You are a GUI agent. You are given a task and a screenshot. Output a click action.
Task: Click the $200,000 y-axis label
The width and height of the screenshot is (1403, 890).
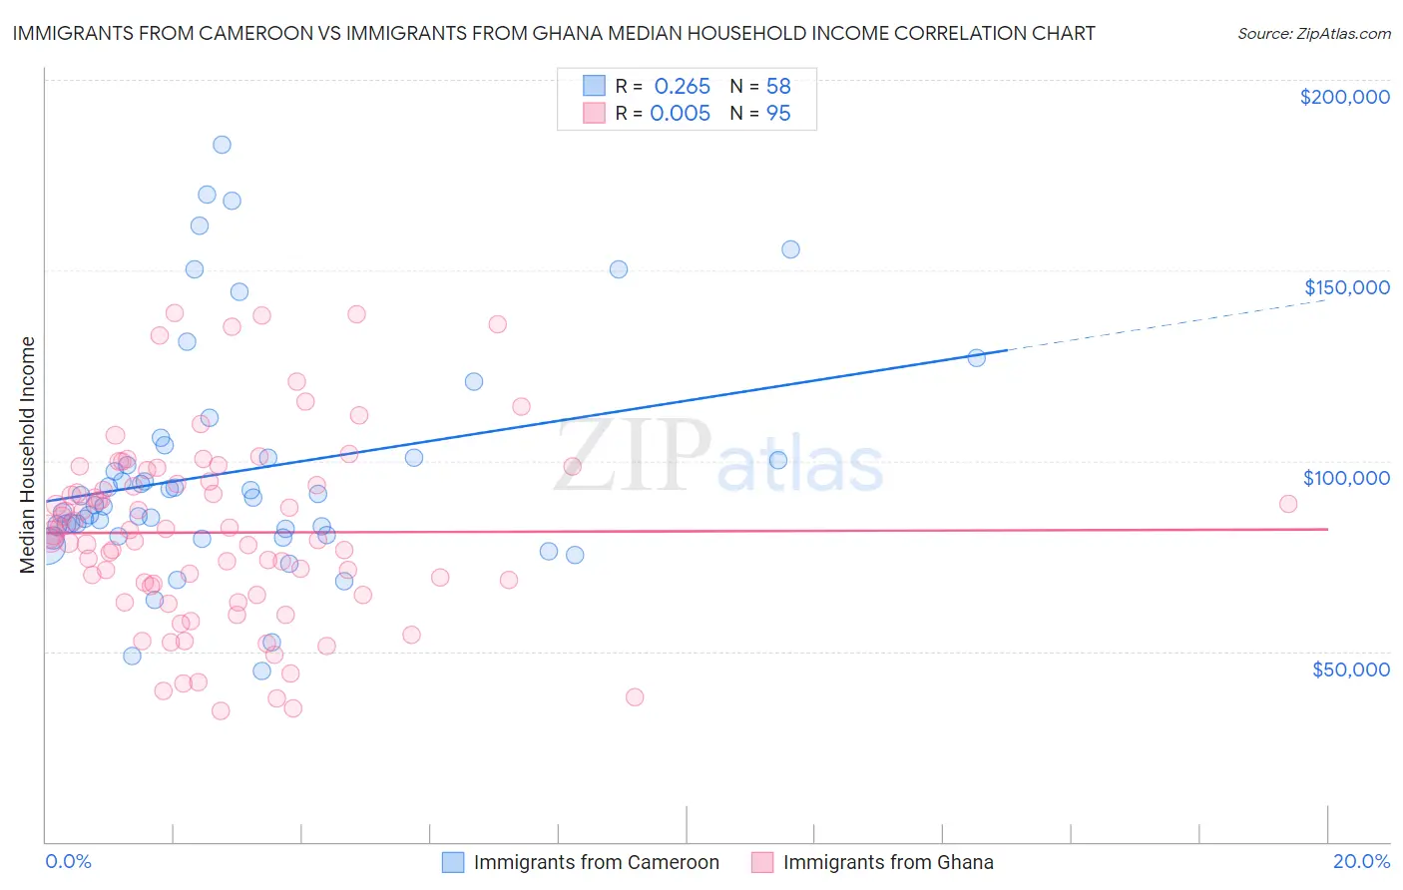pyautogui.click(x=1344, y=97)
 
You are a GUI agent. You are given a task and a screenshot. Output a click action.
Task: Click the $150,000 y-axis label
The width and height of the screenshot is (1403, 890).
pyautogui.click(x=1346, y=287)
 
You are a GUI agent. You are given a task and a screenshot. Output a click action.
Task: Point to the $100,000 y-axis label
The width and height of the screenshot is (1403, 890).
pyautogui.click(x=1346, y=478)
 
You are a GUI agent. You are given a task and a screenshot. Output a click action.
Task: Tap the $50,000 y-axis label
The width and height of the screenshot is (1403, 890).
pyautogui.click(x=1350, y=668)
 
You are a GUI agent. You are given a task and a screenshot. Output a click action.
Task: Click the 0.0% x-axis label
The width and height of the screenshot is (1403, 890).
pyautogui.click(x=68, y=861)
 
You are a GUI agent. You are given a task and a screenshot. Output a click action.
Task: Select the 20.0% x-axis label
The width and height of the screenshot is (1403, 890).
pyautogui.click(x=1361, y=861)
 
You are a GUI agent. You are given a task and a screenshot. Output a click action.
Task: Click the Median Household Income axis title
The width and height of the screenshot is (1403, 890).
pyautogui.click(x=27, y=455)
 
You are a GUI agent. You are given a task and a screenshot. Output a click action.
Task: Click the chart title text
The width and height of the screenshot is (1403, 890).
pyautogui.click(x=554, y=33)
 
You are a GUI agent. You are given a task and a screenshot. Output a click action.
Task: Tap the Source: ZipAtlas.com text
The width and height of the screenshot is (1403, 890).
pyautogui.click(x=1313, y=34)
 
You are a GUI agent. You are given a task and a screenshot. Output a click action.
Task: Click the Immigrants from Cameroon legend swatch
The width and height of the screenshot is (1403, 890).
pyautogui.click(x=453, y=862)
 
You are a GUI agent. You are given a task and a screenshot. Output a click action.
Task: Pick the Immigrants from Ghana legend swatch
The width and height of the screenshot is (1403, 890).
pyautogui.click(x=762, y=862)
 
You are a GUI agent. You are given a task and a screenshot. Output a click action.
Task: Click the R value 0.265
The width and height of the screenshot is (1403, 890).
pyautogui.click(x=682, y=87)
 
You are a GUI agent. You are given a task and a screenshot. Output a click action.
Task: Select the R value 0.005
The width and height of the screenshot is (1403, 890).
pyautogui.click(x=680, y=114)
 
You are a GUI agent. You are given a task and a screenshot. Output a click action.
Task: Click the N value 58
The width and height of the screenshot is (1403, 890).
pyautogui.click(x=778, y=87)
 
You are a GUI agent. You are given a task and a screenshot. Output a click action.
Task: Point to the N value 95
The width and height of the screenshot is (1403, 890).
pyautogui.click(x=778, y=114)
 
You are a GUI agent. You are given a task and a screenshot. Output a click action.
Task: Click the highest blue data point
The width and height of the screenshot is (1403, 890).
pyautogui.click(x=222, y=145)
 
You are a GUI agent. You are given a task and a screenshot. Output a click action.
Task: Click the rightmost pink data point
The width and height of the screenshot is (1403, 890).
pyautogui.click(x=1288, y=504)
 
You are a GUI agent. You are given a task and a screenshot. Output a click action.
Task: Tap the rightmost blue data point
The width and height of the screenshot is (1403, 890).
pyautogui.click(x=977, y=357)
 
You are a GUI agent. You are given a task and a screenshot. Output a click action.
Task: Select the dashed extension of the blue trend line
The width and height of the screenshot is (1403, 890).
pyautogui.click(x=1168, y=323)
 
